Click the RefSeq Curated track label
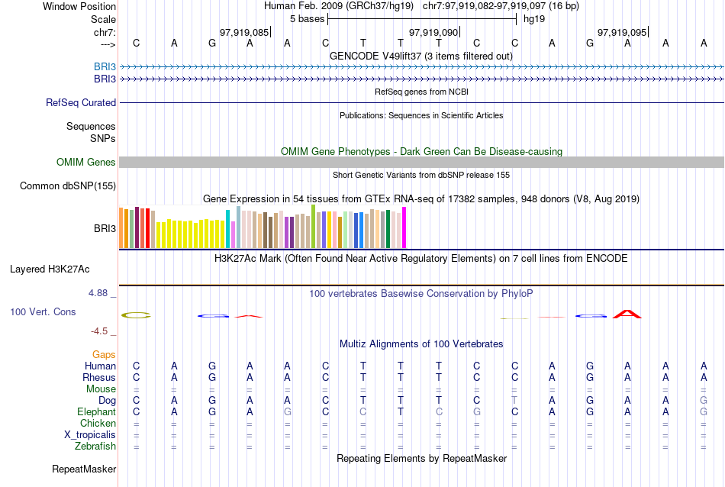coord(81,102)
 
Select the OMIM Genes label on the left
coord(85,162)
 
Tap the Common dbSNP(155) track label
coord(68,185)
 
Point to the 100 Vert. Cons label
coord(43,311)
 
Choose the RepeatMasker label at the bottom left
coord(84,468)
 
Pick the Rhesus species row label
coord(99,377)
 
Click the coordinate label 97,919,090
coord(433,33)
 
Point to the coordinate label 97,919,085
coord(243,33)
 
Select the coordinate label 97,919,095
coord(622,33)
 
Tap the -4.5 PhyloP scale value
coord(103,331)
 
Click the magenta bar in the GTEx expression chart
coord(404,227)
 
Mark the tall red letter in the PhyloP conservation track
coord(627,313)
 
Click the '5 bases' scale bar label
coord(307,18)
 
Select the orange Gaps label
coord(104,354)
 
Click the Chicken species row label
coord(98,423)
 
